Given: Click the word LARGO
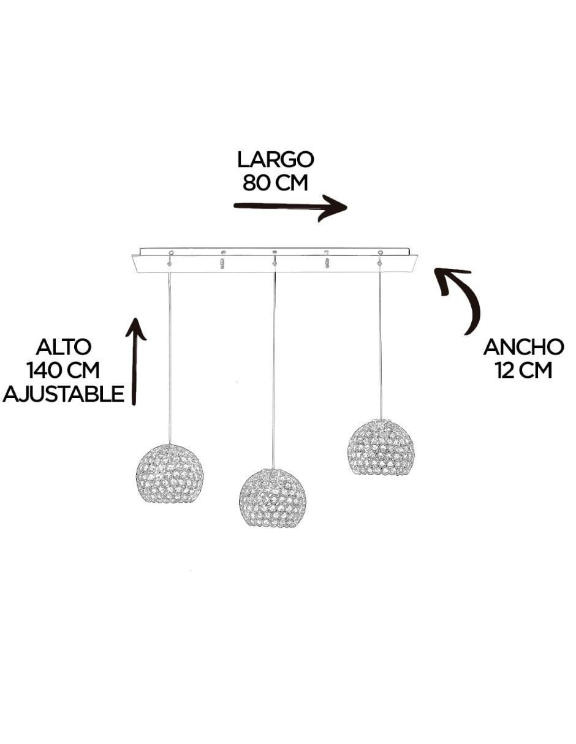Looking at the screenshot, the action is click(x=276, y=160).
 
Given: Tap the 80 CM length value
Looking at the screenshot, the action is click(x=276, y=183).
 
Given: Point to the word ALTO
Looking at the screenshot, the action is click(x=63, y=347).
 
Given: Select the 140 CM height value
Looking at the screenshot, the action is click(x=63, y=370).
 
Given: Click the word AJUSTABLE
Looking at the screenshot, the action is click(x=63, y=393).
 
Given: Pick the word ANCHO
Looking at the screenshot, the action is click(x=523, y=347).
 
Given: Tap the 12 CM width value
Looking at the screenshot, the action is click(x=523, y=370).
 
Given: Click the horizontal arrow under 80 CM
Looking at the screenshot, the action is click(x=290, y=207).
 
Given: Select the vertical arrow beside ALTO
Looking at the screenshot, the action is click(x=135, y=361).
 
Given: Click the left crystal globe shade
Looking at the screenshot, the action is click(x=170, y=474).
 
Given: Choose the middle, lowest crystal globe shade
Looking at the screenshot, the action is click(x=273, y=498).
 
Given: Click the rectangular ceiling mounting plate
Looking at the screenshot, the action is click(x=275, y=260).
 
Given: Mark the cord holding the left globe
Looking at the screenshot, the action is click(x=169, y=358).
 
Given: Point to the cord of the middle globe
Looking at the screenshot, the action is click(x=274, y=370).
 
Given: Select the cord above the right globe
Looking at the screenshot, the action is click(x=380, y=345).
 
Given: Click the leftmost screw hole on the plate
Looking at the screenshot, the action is click(x=171, y=253).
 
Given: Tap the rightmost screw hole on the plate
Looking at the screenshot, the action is click(x=379, y=253).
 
